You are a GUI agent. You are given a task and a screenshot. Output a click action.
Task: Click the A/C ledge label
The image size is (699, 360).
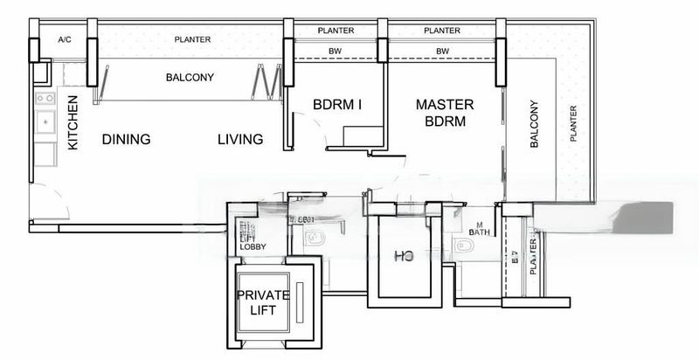(x=64, y=40)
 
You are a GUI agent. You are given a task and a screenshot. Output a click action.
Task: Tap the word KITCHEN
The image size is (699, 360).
(x=73, y=122)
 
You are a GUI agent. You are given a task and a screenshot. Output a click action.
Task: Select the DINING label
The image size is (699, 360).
(x=126, y=140)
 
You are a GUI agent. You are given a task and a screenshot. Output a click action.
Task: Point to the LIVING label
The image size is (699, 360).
(x=240, y=140)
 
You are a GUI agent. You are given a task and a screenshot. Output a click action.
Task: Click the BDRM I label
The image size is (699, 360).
(x=337, y=105)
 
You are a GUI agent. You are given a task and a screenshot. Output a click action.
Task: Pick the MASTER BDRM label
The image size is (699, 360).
(x=444, y=113)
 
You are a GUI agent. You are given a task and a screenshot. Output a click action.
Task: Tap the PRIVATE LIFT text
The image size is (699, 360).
(x=262, y=302)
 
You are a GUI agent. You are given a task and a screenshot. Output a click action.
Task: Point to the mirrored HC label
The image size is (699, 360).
(x=404, y=256)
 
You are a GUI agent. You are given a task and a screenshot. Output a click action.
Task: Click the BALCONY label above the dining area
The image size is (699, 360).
(x=190, y=78)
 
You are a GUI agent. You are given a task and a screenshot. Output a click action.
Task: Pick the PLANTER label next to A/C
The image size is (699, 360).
(x=191, y=39)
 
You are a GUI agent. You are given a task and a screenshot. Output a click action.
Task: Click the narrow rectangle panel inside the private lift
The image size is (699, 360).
(x=299, y=297)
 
